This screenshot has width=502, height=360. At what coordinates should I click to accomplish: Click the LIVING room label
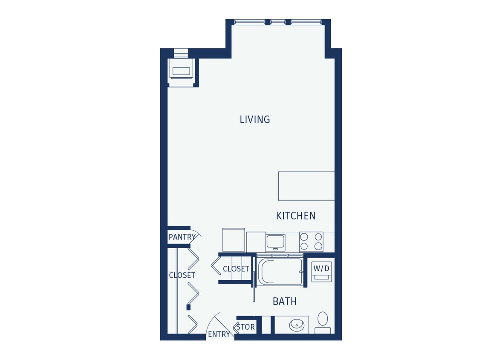tap(255, 119)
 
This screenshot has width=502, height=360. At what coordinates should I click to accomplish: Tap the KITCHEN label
tap(296, 216)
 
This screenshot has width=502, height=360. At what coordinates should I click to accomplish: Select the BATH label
tap(285, 302)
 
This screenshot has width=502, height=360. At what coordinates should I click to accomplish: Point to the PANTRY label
tap(182, 237)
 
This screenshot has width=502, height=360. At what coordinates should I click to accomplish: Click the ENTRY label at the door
tap(219, 334)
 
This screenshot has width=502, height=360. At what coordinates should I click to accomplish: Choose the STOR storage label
tap(246, 327)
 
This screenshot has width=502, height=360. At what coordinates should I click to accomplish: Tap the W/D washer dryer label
tap(321, 268)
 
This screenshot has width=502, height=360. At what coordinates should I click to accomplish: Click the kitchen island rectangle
tap(306, 186)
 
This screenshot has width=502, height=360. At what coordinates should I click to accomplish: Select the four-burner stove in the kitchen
tap(311, 241)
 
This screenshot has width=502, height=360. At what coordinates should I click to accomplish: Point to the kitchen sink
tap(276, 242)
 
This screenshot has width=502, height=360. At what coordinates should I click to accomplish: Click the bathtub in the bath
tap(280, 272)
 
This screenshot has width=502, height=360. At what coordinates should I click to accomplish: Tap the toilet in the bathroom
tap(323, 322)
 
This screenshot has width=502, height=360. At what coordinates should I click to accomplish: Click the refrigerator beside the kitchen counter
tap(234, 240)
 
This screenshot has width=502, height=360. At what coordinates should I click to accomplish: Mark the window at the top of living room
tap(278, 22)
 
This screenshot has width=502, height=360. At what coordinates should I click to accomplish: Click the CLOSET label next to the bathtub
tap(236, 269)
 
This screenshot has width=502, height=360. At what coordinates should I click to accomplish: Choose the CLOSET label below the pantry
tap(182, 275)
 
